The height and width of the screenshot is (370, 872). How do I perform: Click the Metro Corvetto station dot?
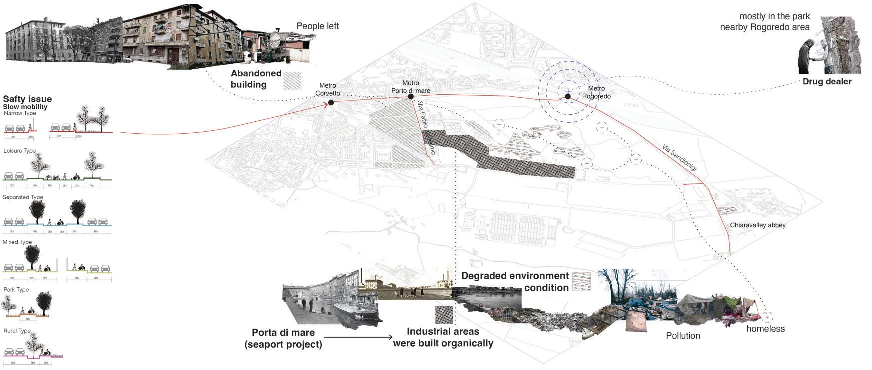(331, 103)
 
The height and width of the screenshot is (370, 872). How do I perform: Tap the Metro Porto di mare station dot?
(411, 97)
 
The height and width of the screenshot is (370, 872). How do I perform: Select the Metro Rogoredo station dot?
(568, 96)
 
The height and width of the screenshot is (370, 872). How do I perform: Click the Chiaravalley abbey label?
(757, 225)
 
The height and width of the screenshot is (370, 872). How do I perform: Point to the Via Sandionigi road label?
(679, 158)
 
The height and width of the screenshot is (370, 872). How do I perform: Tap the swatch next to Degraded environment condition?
(581, 282)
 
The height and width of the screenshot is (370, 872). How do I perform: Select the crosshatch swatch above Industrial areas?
(444, 315)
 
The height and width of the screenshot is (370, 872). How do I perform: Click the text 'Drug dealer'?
(827, 81)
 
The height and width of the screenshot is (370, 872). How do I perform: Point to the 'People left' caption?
(317, 26)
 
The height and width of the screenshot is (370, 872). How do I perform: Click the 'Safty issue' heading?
(27, 99)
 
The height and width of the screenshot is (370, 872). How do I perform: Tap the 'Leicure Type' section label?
(19, 151)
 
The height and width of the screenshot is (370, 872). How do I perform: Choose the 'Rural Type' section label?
(17, 331)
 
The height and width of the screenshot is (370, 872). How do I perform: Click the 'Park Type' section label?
(16, 290)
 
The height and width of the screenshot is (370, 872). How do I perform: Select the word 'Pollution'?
(683, 336)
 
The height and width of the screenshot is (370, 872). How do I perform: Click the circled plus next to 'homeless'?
(767, 317)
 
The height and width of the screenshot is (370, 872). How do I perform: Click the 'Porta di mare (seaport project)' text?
(283, 338)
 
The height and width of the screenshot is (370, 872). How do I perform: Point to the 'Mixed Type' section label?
(17, 242)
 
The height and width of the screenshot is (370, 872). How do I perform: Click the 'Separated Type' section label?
(23, 197)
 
